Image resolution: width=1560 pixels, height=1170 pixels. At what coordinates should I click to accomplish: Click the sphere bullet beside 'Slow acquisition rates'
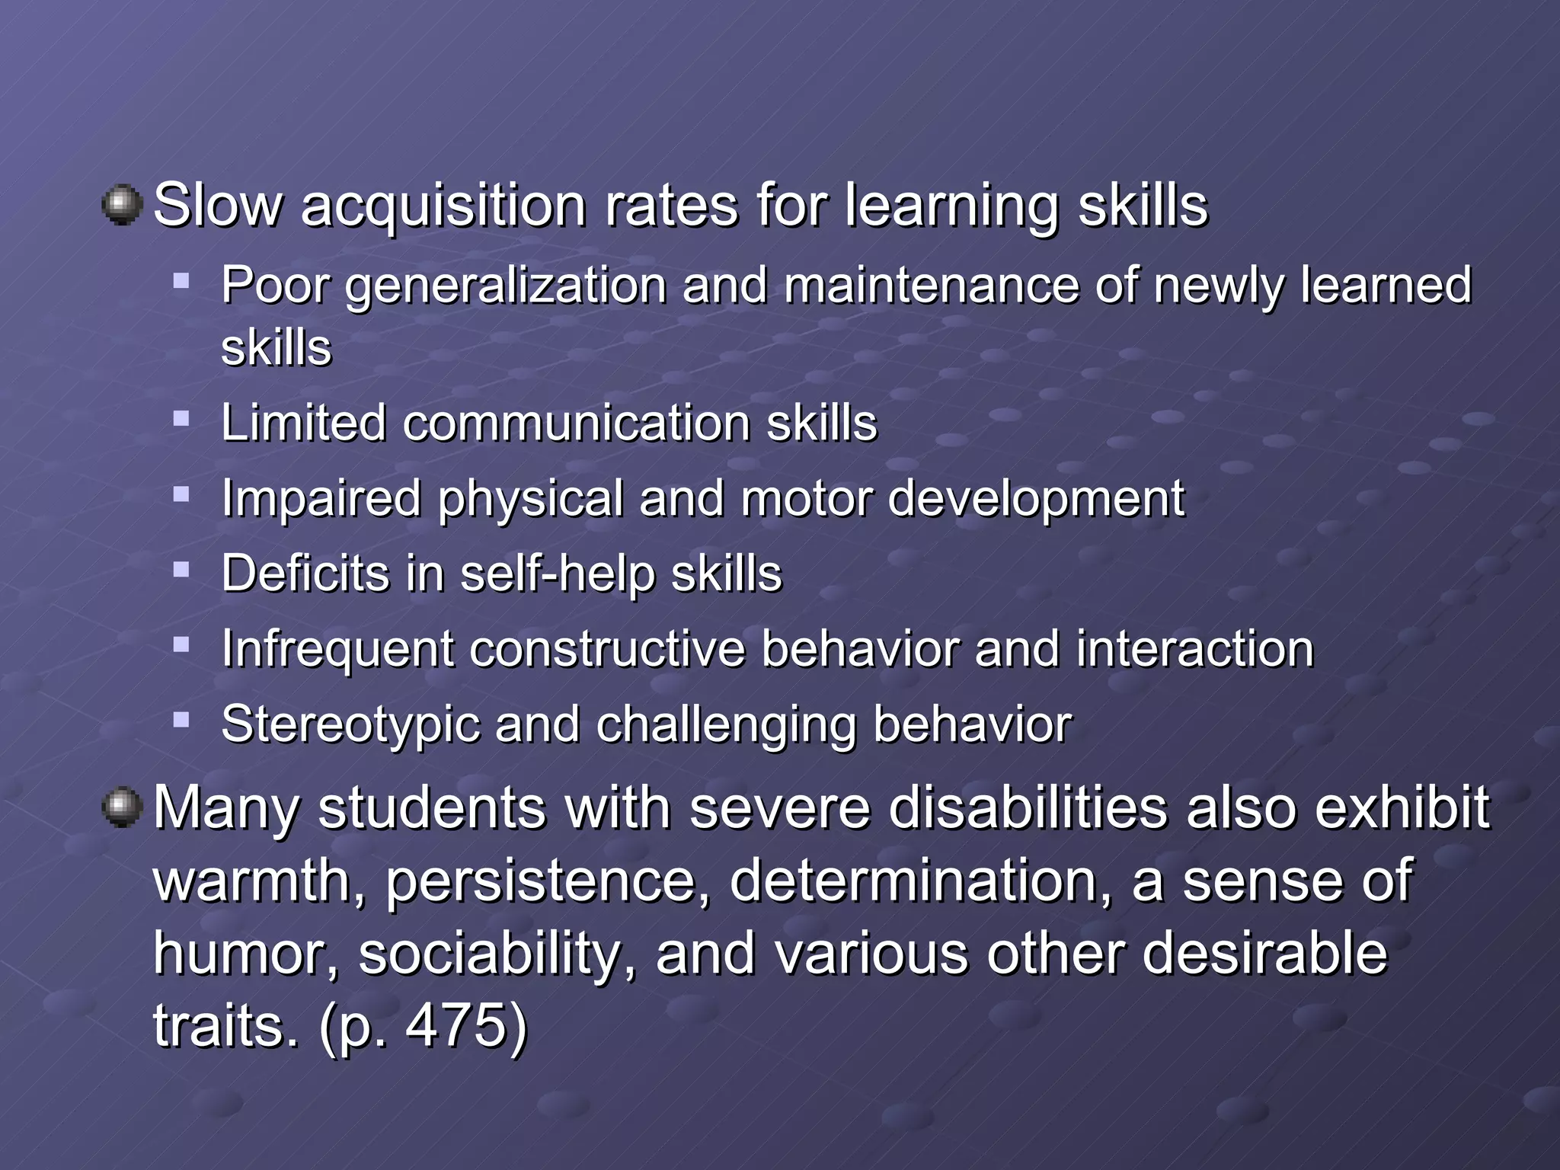pos(122,206)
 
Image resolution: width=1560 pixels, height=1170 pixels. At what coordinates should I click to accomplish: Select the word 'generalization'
pos(506,287)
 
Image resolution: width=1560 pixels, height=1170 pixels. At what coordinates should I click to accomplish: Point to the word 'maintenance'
pos(931,286)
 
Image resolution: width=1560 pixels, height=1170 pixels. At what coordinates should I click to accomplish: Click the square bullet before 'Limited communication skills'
pos(181,418)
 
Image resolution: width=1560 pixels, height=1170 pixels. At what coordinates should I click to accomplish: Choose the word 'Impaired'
pos(321,498)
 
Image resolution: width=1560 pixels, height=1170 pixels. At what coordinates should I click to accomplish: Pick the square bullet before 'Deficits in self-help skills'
pos(181,569)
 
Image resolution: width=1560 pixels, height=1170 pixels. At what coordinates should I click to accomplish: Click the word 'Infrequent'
pos(337,650)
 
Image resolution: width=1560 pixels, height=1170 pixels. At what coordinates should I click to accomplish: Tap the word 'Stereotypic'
pos(350,724)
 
